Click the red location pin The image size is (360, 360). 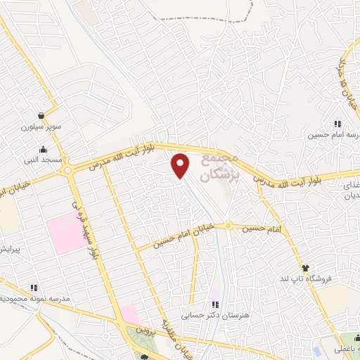coord(181,165)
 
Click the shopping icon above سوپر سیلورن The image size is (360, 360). coord(42,115)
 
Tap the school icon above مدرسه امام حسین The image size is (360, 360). coord(337,124)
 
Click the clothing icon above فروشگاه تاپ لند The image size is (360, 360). coord(305,268)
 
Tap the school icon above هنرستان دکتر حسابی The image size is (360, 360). coord(215,304)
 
